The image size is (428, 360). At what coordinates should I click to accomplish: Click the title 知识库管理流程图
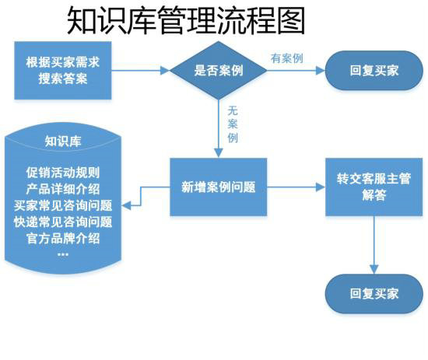pos(185,21)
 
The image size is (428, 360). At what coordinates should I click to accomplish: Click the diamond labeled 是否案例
pos(218,70)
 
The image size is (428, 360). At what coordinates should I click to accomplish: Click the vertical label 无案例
pos(232,124)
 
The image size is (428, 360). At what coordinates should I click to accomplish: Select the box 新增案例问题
pos(219,187)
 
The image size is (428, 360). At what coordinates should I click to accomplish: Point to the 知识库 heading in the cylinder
pos(63,141)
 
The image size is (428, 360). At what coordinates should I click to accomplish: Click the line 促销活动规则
pos(63,173)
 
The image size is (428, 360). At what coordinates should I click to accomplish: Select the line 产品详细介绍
pos(63,189)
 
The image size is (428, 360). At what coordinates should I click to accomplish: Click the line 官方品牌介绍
pos(63,238)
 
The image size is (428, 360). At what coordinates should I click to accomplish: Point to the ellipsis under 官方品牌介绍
pos(63,253)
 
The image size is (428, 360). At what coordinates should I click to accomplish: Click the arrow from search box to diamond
pos(140,70)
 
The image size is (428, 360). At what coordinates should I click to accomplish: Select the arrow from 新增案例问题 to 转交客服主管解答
pos(296,187)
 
